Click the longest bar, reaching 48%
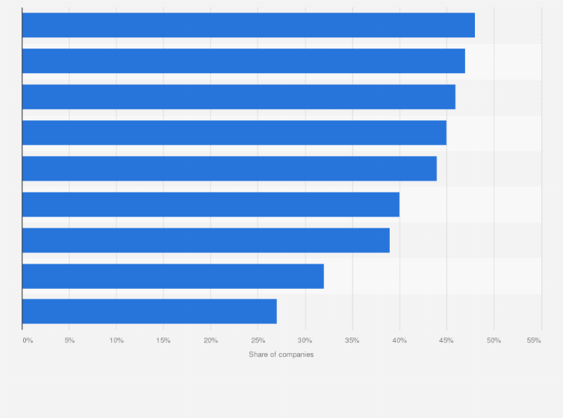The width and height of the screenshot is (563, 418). tap(248, 25)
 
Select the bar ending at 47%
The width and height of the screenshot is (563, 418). tap(243, 61)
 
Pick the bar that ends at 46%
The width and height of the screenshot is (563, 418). tap(238, 97)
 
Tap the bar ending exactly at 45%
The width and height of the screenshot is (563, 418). tap(234, 133)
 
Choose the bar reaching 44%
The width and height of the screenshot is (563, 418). tap(229, 169)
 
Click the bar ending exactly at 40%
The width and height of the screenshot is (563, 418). tap(211, 205)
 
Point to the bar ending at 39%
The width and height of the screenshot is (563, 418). tap(205, 240)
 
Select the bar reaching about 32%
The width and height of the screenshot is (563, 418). tap(172, 276)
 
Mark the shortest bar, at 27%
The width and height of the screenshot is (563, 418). tap(149, 311)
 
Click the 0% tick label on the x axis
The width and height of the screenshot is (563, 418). tap(28, 340)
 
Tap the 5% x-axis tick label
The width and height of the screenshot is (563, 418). tap(69, 340)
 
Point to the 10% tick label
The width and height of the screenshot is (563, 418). tap(116, 340)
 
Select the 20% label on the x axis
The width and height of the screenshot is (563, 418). tap(211, 340)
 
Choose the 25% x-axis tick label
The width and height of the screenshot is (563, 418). tap(258, 340)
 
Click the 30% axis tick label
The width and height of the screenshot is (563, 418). tap(305, 340)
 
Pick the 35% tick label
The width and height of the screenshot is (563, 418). tap(352, 340)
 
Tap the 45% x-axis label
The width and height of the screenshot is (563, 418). tap(447, 340)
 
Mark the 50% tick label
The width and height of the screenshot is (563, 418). tap(494, 340)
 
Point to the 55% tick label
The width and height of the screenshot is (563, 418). tap(533, 340)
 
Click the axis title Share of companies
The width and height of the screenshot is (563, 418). tap(281, 355)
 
